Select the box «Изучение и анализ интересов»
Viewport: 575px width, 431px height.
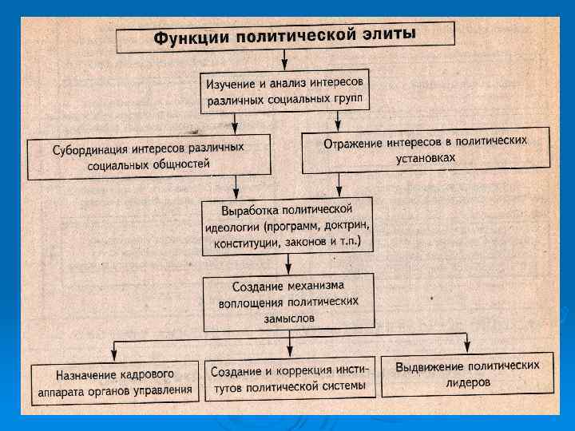[x=285, y=92]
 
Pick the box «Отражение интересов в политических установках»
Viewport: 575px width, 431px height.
[x=426, y=149]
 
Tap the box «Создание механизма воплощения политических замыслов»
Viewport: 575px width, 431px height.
[x=288, y=302]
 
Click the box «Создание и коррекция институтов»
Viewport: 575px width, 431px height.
[x=289, y=378]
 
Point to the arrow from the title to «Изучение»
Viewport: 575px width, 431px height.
[x=284, y=61]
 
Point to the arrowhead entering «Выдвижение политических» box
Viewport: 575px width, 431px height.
[x=466, y=346]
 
